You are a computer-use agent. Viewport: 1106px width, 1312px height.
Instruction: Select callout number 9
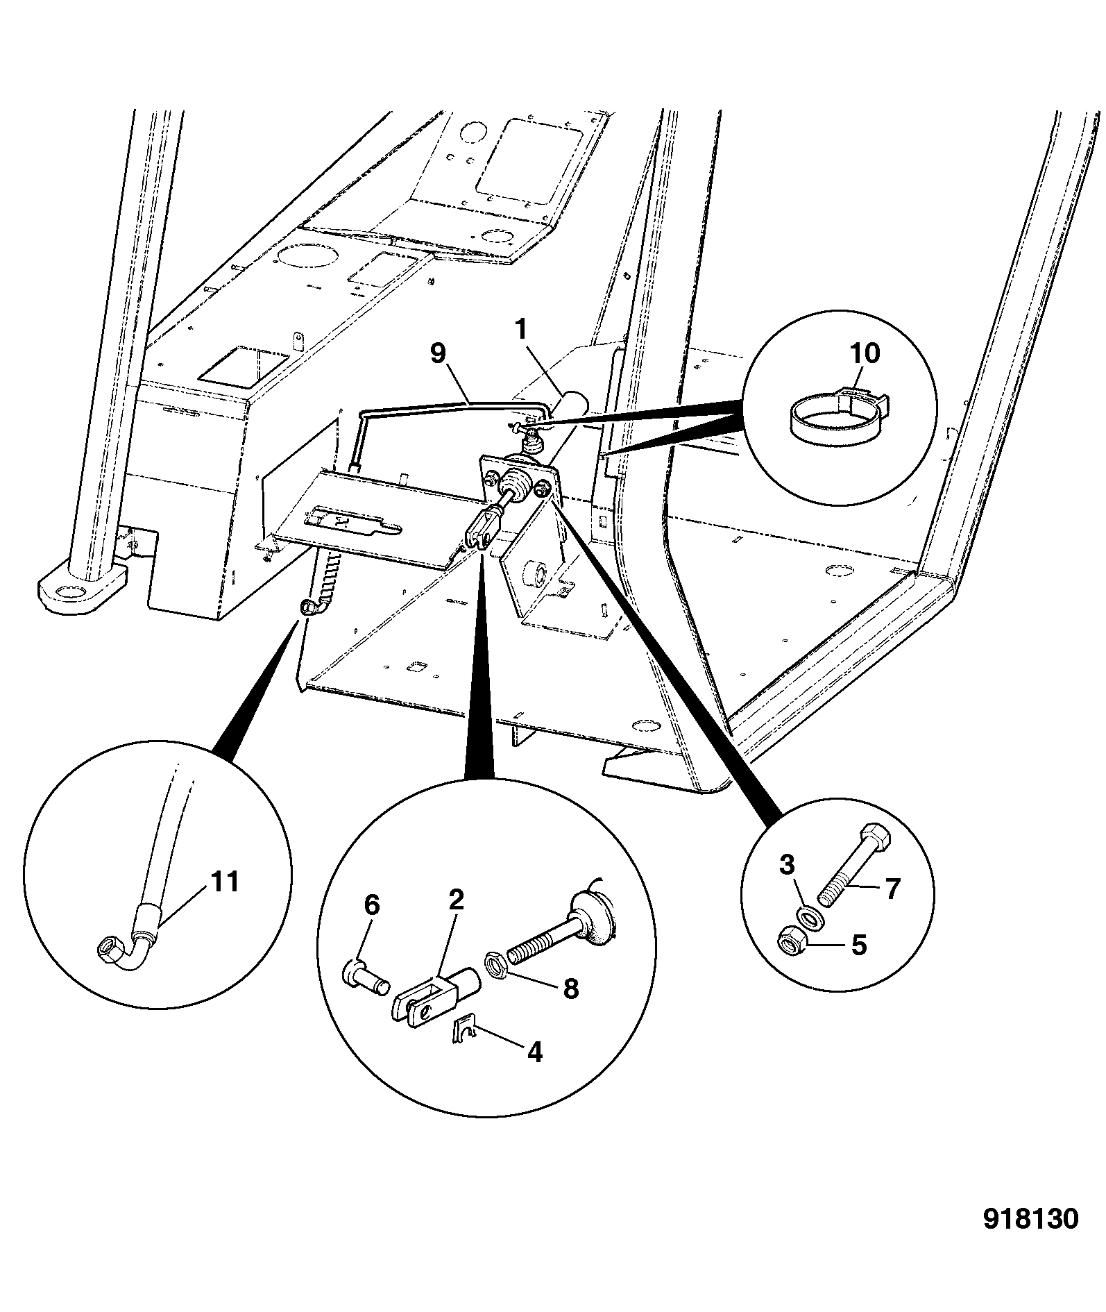click(438, 354)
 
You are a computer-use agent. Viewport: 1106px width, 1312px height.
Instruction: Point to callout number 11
click(224, 882)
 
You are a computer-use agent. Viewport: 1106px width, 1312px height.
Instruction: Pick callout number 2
click(456, 900)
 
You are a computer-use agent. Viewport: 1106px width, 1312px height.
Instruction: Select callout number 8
click(570, 989)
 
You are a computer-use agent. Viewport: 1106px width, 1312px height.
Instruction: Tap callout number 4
click(534, 1052)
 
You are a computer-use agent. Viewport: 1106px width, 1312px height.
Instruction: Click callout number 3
click(786, 865)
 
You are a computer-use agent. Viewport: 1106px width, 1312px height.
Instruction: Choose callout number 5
click(859, 945)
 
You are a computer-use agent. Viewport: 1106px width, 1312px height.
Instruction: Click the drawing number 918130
click(1030, 1220)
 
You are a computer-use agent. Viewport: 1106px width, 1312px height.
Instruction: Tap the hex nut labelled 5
click(788, 940)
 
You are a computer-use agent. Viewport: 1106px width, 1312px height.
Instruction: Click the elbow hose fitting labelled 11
click(129, 941)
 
